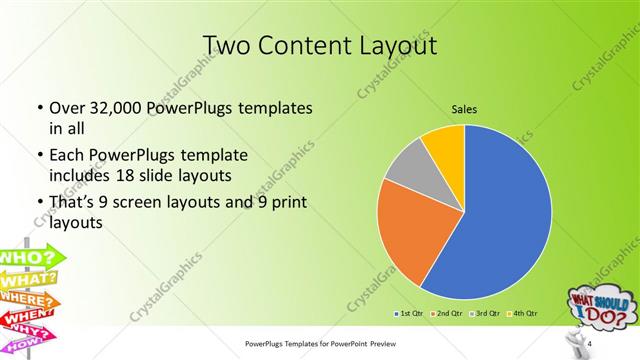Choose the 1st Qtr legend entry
pos(411,314)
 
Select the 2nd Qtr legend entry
pos(446,314)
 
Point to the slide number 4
pos(590,344)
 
